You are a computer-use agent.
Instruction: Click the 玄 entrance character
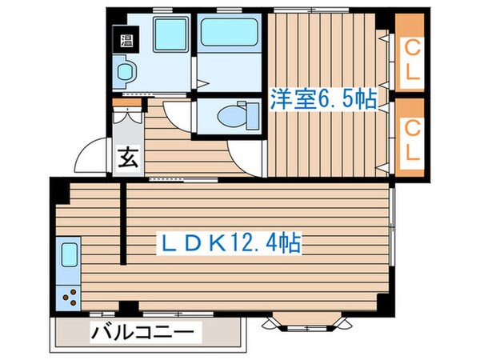[x=128, y=158]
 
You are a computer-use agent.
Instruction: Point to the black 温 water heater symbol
[x=126, y=39]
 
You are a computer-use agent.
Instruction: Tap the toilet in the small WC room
[x=237, y=117]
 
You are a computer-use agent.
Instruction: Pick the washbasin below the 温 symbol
[x=126, y=74]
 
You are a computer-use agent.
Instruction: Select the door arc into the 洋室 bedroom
[x=244, y=152]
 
